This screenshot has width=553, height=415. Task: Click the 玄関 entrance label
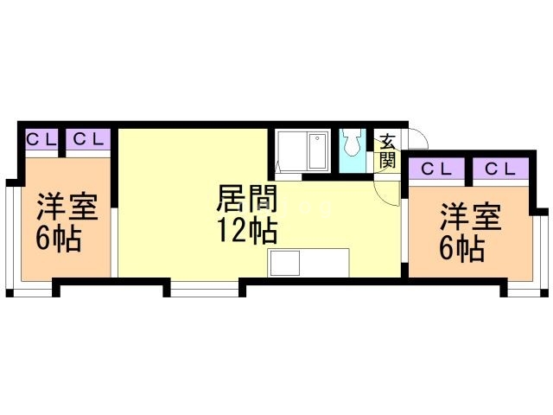coord(388,151)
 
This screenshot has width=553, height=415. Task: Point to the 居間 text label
coord(246,202)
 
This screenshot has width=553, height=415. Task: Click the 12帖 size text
coord(246,231)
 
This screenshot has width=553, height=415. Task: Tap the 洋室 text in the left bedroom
coord(67,209)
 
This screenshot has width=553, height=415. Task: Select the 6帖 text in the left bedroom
coord(59,239)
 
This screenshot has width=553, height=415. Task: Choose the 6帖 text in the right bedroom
coord(462,249)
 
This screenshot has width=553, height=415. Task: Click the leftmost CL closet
coord(41,139)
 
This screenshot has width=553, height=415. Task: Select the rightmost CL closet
coord(499,169)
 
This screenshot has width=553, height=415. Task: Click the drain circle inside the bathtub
coord(316,138)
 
